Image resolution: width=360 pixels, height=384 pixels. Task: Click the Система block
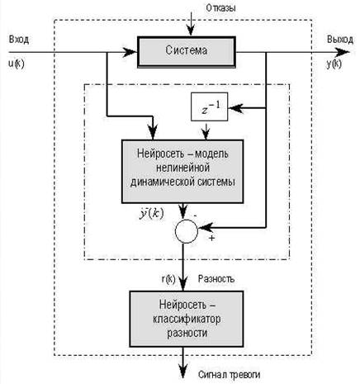tap(187, 52)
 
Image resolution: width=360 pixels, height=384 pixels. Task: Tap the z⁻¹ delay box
tap(210, 107)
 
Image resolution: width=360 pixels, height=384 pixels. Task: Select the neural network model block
tap(182, 172)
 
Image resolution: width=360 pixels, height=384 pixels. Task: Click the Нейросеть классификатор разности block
tap(187, 319)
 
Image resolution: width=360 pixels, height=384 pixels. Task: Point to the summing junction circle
tap(187, 231)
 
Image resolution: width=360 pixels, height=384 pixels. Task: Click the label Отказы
tap(220, 8)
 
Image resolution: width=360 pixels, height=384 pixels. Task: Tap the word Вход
tap(19, 40)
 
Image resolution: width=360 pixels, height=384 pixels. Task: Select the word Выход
tap(340, 40)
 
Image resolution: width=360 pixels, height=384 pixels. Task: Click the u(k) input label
tap(17, 64)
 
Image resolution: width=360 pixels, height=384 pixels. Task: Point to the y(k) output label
tap(334, 64)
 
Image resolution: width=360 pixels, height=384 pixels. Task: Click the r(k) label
tap(168, 279)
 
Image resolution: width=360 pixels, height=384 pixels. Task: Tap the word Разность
tap(216, 279)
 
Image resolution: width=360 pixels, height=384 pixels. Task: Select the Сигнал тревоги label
tap(229, 375)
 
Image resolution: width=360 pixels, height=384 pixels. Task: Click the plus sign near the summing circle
tap(211, 238)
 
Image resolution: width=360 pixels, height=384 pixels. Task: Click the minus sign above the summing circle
tap(195, 216)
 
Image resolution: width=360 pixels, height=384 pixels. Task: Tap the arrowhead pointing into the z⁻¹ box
tap(235, 108)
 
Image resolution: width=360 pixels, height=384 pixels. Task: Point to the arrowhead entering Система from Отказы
tap(191, 31)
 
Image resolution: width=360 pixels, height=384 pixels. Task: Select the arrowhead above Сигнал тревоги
tap(183, 371)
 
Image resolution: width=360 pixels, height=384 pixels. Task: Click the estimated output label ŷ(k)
tap(151, 214)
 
